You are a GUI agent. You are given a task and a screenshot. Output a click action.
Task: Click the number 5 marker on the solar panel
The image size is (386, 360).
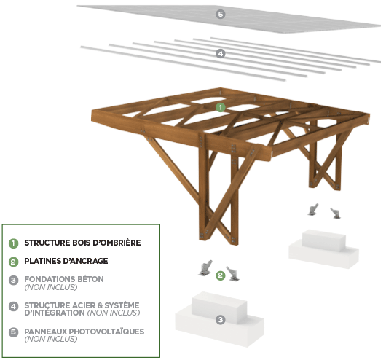coord(220,14)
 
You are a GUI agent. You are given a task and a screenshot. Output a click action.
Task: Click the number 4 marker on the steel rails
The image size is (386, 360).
coord(221,53)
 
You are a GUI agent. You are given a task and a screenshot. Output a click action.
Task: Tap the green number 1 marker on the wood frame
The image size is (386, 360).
coord(221,106)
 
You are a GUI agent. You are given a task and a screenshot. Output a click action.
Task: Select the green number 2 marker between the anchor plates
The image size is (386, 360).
coord(220,275)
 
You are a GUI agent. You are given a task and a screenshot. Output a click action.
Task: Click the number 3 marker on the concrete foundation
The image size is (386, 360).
coord(221,319)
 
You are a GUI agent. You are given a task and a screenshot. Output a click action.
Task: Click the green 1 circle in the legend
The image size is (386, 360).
coord(13,243)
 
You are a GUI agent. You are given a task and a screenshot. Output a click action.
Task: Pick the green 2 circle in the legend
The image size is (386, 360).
coord(13,261)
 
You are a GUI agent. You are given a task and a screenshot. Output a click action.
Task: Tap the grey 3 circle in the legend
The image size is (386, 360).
coord(13,279)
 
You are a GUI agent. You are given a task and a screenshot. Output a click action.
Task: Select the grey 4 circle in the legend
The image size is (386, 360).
coord(13,305)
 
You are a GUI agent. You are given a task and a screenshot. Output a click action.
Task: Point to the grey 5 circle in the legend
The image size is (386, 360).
coord(13,332)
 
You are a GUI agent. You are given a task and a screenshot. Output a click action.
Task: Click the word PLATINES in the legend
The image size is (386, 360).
coord(45,261)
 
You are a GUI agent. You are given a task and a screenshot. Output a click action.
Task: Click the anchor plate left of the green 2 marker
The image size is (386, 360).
coord(205,267)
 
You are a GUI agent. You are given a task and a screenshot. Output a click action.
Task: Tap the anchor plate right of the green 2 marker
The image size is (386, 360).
coord(235,273)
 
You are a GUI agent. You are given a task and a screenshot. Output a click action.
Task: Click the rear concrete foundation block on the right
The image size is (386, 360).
coord(324,246)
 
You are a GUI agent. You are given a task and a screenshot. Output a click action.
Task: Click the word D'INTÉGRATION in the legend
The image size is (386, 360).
coord(55,313)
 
